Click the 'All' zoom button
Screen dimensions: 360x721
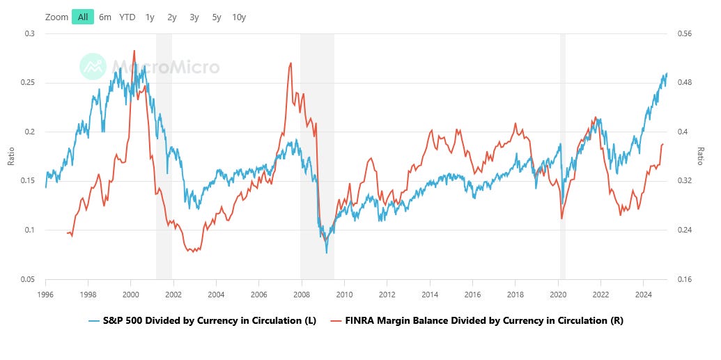[83, 17]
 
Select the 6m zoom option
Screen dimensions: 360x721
[105, 17]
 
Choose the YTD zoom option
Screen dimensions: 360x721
[127, 17]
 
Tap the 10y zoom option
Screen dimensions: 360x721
[239, 17]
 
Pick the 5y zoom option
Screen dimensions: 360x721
[217, 17]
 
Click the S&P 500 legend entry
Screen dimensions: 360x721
[203, 320]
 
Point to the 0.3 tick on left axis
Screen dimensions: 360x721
[29, 33]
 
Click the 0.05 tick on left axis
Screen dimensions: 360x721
[27, 279]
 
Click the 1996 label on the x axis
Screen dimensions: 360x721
[45, 293]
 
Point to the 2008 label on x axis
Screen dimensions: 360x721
[301, 293]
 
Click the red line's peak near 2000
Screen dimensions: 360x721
[134, 51]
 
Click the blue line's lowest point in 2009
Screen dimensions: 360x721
[327, 252]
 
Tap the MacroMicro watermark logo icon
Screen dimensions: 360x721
[93, 67]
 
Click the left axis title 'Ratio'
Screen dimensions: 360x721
[10, 157]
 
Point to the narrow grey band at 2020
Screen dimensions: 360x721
[562, 157]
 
